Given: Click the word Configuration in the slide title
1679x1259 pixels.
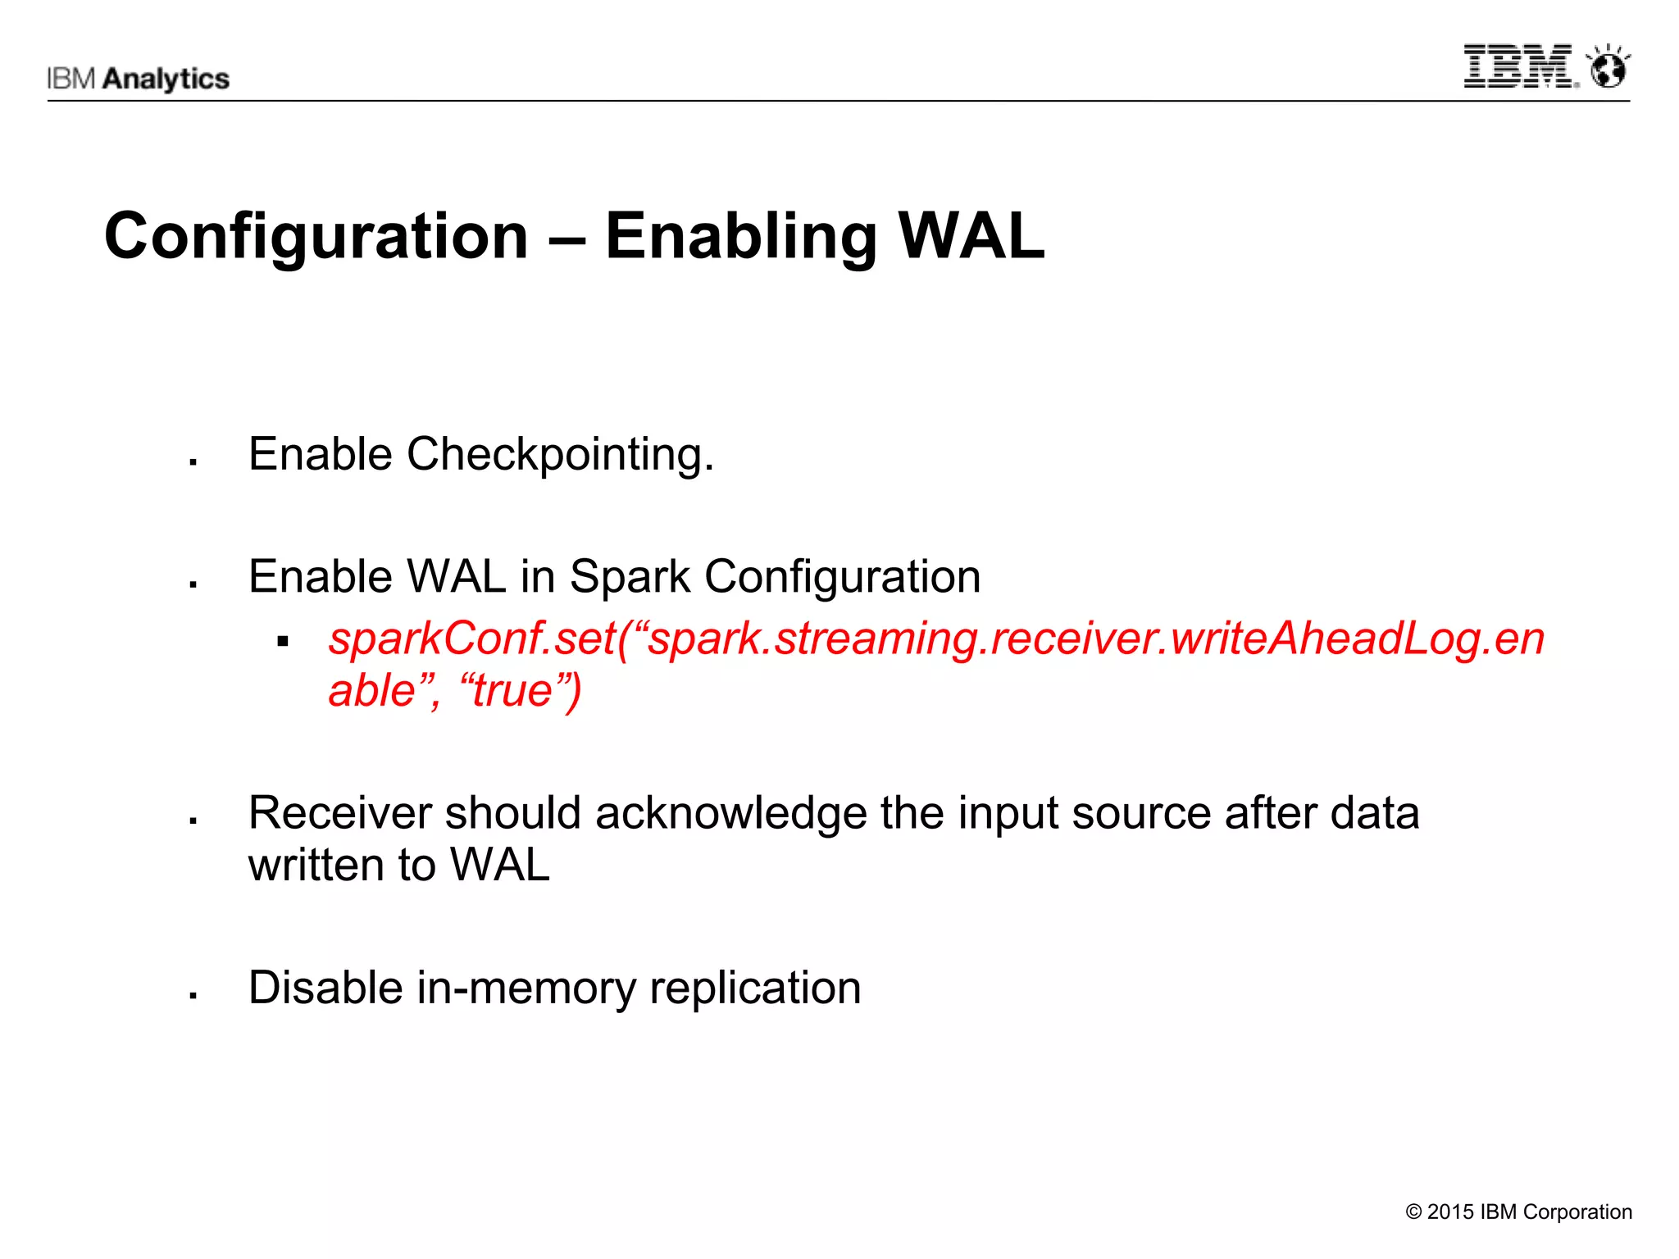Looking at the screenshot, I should (316, 236).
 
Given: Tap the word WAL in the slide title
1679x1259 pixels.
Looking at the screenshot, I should (971, 236).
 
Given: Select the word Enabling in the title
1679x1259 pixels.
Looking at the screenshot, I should (741, 236).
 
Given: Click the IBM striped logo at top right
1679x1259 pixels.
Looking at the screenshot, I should (1519, 66).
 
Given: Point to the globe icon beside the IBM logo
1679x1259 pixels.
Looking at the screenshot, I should (1608, 67).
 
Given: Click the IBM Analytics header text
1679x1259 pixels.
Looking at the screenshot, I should (138, 79).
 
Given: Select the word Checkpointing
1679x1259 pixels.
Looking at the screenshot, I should (560, 454).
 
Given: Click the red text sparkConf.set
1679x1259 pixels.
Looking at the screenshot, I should (472, 639).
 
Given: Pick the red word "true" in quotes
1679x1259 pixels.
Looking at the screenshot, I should (512, 690).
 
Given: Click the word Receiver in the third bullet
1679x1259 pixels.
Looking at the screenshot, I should (340, 813).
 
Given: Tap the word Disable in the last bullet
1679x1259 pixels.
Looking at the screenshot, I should (325, 987).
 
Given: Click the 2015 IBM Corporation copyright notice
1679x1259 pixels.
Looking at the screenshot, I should (1518, 1211).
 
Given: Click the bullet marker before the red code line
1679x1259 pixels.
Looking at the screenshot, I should (283, 642).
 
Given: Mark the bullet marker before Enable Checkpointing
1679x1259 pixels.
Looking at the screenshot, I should (193, 463).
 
